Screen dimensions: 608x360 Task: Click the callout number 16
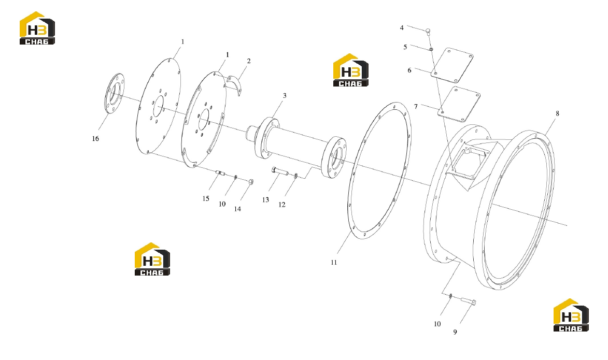click(95, 138)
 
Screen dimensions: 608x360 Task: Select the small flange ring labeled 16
click(114, 93)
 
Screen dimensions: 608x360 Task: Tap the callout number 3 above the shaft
click(285, 95)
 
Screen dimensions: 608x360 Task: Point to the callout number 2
click(249, 61)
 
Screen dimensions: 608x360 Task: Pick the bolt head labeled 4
click(428, 30)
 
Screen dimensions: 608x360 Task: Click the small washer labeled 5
click(431, 49)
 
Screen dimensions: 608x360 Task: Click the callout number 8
click(558, 113)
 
